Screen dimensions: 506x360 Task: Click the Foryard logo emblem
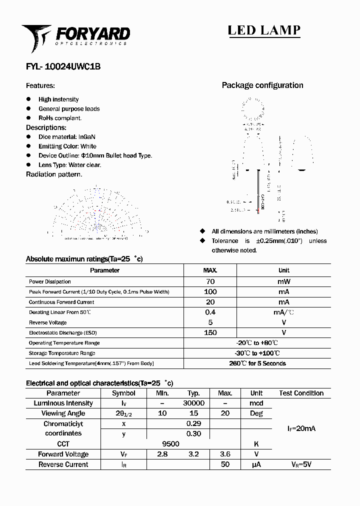coord(36,37)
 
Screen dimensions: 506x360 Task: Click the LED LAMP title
coord(264,30)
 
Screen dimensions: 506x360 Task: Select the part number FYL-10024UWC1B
coord(63,66)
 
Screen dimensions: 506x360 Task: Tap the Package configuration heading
coord(262,85)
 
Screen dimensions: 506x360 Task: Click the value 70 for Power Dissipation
coord(210,281)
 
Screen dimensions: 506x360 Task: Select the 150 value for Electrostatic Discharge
coord(210,332)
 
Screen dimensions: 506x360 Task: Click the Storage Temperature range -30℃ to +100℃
coord(257,353)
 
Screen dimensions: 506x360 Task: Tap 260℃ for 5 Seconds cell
coord(257,363)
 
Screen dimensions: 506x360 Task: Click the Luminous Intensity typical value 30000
coord(193,403)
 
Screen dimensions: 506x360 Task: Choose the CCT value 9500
coord(170,443)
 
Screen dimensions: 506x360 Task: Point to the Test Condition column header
coord(301,393)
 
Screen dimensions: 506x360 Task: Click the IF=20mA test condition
coord(301,428)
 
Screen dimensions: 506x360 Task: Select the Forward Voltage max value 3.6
coord(225,454)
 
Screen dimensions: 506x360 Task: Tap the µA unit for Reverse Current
coord(256,464)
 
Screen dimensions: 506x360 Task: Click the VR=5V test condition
coord(301,464)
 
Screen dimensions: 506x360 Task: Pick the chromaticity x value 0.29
coord(193,423)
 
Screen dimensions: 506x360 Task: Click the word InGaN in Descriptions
coord(87,136)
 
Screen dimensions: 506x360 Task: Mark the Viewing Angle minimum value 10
coord(162,413)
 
